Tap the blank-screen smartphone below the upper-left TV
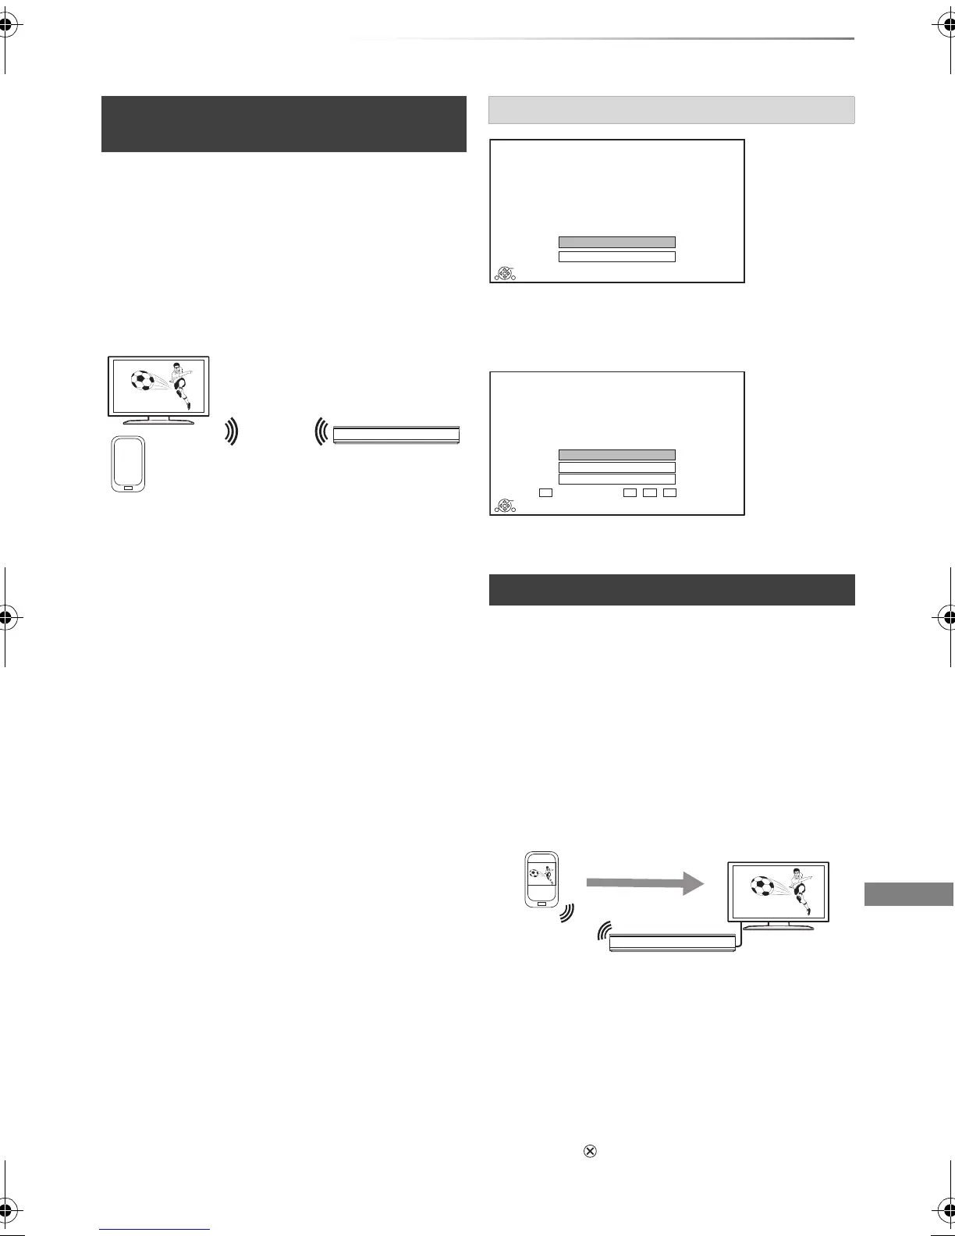(x=127, y=463)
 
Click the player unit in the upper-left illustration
(x=396, y=435)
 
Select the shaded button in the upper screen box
(x=616, y=242)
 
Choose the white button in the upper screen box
(x=616, y=257)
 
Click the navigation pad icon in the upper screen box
(x=506, y=273)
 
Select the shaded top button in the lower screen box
(x=616, y=454)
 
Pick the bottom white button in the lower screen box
(x=616, y=479)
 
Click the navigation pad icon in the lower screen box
(x=506, y=506)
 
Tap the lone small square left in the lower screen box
(x=545, y=493)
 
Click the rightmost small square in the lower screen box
(x=669, y=493)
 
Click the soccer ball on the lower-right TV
(x=761, y=886)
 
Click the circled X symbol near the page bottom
(x=591, y=1151)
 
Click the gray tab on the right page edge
(x=909, y=894)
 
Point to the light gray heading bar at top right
(x=671, y=110)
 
